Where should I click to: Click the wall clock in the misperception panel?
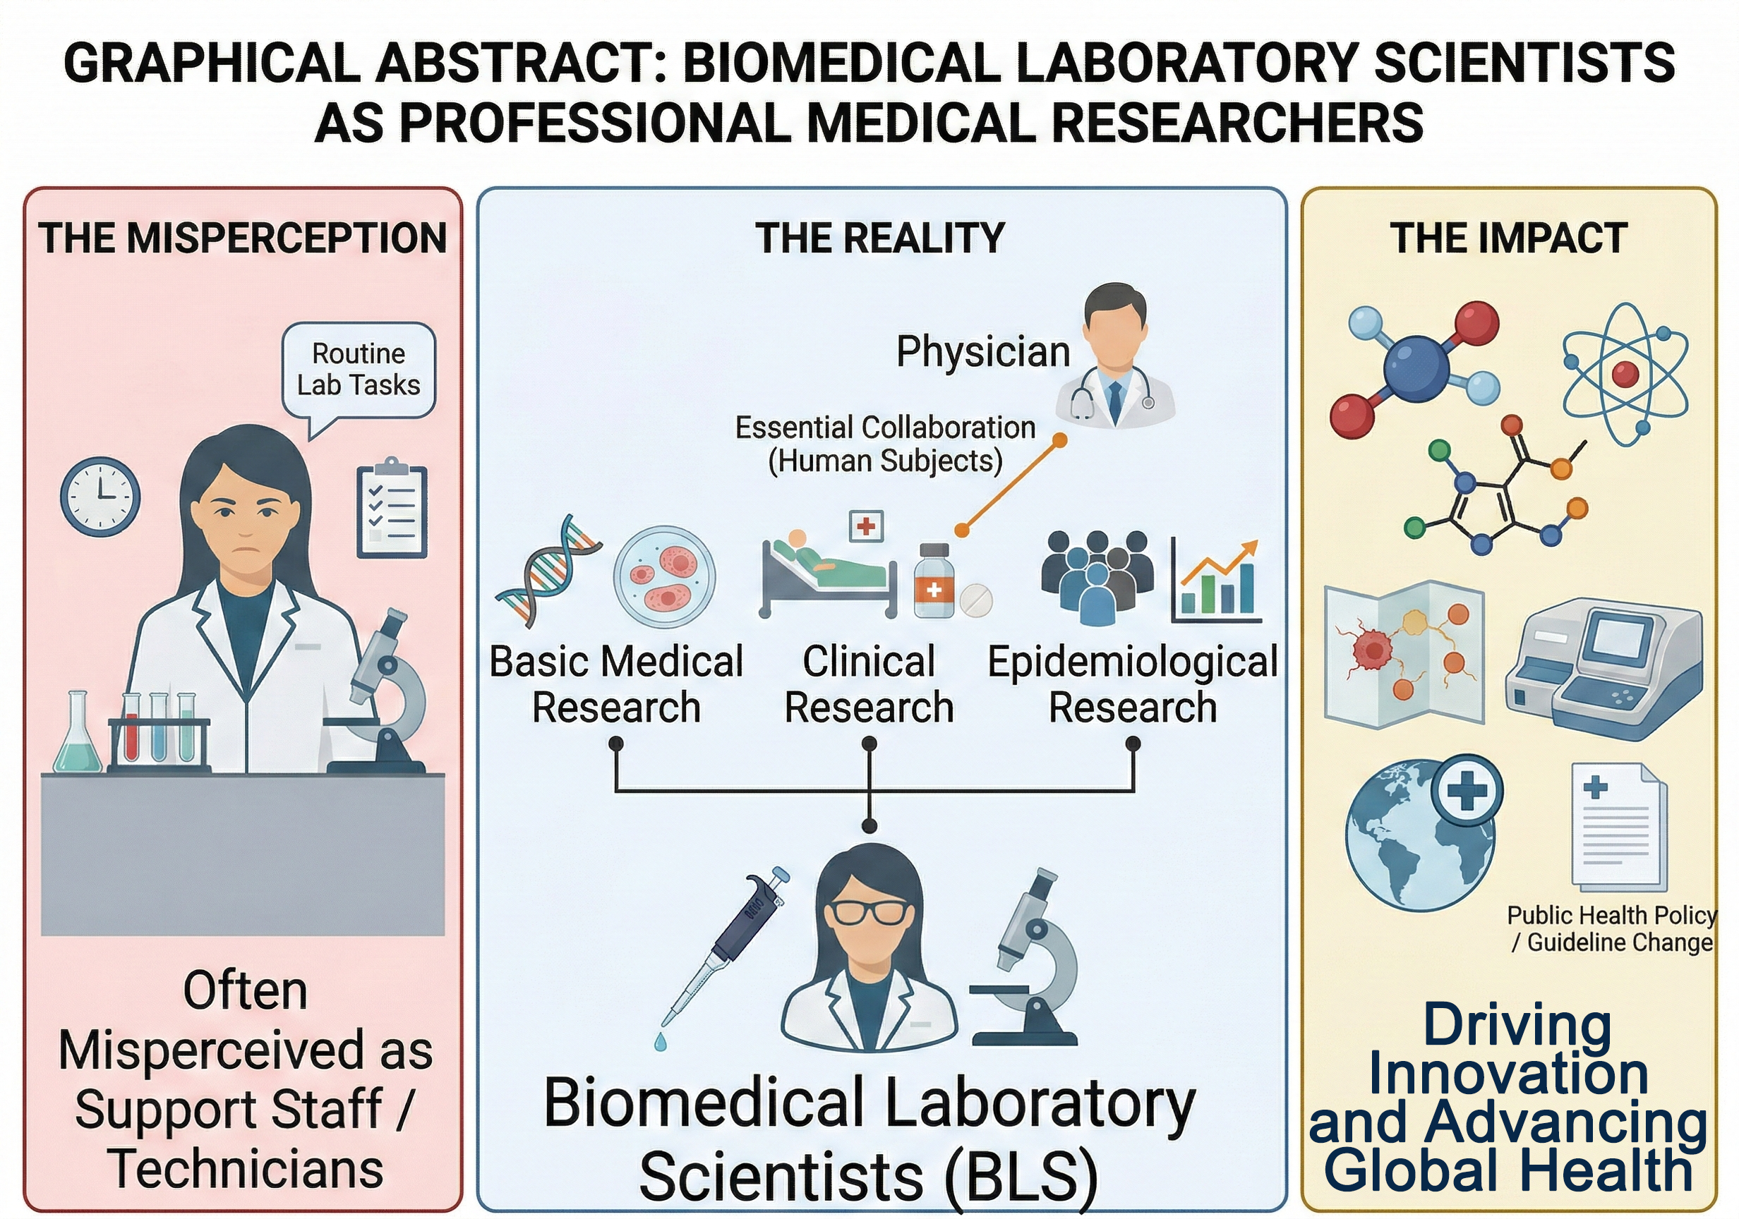[100, 497]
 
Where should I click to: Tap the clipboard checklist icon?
[392, 508]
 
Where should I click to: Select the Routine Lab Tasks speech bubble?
[359, 370]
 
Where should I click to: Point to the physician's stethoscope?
[1083, 397]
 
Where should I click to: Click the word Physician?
[982, 352]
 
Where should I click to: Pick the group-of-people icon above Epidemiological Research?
[1097, 576]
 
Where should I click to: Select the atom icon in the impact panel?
[1625, 372]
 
